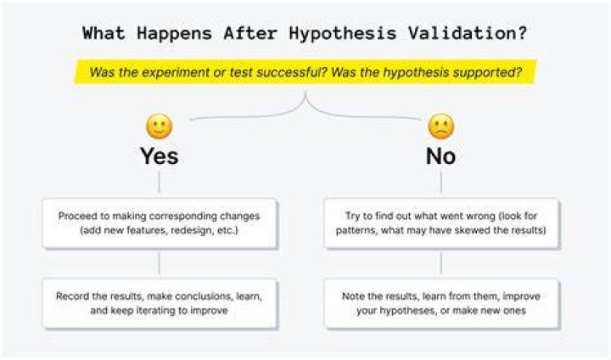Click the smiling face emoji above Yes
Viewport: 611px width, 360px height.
pyautogui.click(x=159, y=127)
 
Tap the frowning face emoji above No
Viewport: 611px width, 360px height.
pyautogui.click(x=440, y=127)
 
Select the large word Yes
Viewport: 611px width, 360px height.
pyautogui.click(x=159, y=156)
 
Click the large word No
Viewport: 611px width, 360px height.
pyautogui.click(x=440, y=156)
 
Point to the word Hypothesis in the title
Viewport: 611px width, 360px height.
pyautogui.click(x=343, y=34)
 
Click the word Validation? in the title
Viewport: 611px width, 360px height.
pyautogui.click(x=468, y=33)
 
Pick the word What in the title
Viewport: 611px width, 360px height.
pyautogui.click(x=104, y=33)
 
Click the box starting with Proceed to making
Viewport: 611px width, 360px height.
pyautogui.click(x=160, y=223)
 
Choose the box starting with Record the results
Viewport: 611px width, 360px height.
pyautogui.click(x=160, y=303)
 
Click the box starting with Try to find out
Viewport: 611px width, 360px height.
pyautogui.click(x=441, y=223)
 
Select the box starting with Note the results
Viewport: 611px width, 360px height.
pyautogui.click(x=441, y=303)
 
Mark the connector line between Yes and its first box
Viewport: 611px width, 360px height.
pyautogui.click(x=159, y=183)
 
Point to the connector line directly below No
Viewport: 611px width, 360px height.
pyautogui.click(x=440, y=183)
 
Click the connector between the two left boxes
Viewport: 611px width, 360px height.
pyautogui.click(x=159, y=263)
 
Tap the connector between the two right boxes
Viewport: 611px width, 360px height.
pyautogui.click(x=440, y=263)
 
